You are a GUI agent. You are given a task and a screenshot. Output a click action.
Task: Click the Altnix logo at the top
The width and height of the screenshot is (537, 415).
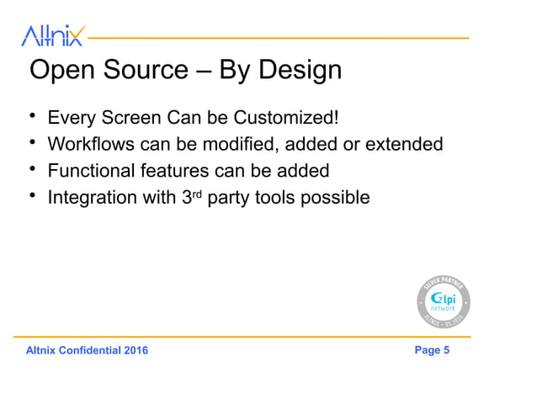pos(52,35)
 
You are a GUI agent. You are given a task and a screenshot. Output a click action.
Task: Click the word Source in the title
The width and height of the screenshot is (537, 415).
pos(144,70)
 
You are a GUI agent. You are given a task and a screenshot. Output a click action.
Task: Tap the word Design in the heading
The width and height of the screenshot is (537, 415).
pos(300,70)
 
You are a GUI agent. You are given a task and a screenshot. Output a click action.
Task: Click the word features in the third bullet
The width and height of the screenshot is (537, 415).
pos(173,171)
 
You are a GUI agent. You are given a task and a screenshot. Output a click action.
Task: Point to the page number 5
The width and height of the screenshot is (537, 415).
pos(445,350)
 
